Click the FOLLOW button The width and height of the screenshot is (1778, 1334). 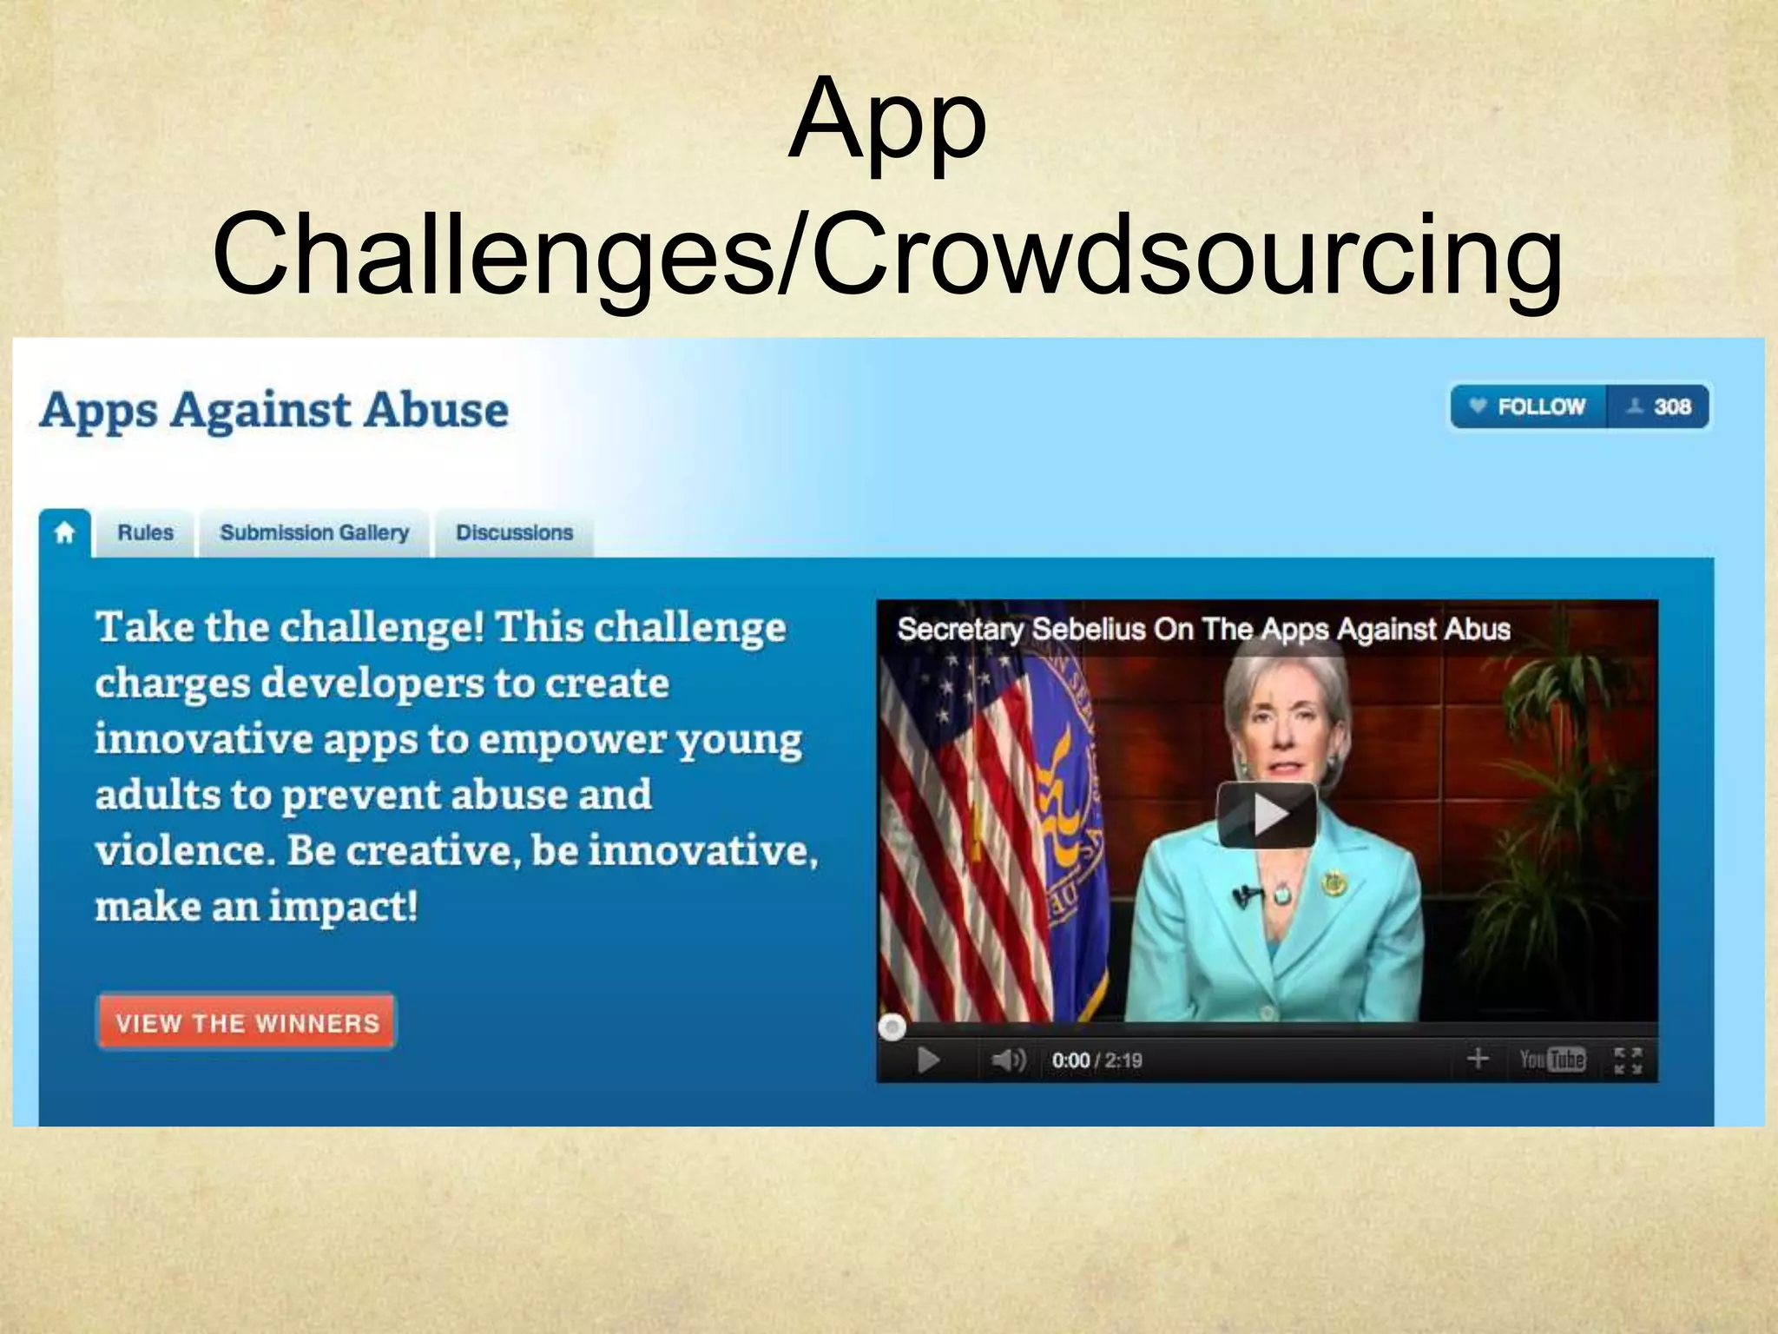coord(1529,406)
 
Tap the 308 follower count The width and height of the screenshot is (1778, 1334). coord(1659,406)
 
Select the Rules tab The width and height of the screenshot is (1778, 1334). coord(145,532)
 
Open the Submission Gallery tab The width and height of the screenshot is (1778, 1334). coord(314,532)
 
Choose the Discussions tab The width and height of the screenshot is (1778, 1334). coord(514,532)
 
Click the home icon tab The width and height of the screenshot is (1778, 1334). coord(64,532)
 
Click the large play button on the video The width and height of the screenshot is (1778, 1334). coord(1267,815)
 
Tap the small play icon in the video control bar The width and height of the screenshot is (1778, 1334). coord(928,1060)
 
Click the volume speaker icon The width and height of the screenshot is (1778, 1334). coord(1008,1060)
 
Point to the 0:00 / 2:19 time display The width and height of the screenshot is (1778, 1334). coord(1096,1060)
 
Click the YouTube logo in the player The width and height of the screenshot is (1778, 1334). coord(1552,1060)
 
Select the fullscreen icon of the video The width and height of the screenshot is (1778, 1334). coord(1628,1060)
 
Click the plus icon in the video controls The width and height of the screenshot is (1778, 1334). coord(1478,1059)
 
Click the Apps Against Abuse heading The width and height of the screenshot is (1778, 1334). coord(274,410)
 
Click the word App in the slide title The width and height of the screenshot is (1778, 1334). coord(887,122)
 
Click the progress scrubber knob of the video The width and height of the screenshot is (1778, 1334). coord(892,1027)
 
